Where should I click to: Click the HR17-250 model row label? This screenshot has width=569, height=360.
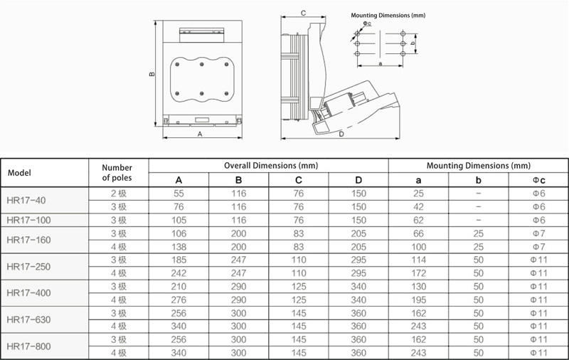click(x=28, y=266)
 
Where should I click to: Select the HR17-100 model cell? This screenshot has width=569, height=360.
click(x=28, y=220)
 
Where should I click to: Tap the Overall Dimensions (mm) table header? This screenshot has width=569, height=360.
click(x=271, y=166)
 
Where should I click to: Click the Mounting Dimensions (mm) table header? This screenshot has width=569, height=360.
click(x=478, y=166)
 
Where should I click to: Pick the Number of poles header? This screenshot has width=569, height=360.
click(x=117, y=173)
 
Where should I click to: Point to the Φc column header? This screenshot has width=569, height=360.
click(x=538, y=180)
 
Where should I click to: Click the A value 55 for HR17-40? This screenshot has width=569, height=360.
click(x=179, y=194)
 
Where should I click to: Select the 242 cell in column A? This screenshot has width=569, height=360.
click(x=179, y=273)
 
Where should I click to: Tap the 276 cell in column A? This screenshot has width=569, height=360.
click(x=179, y=300)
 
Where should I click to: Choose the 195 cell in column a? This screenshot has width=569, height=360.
click(x=418, y=300)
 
